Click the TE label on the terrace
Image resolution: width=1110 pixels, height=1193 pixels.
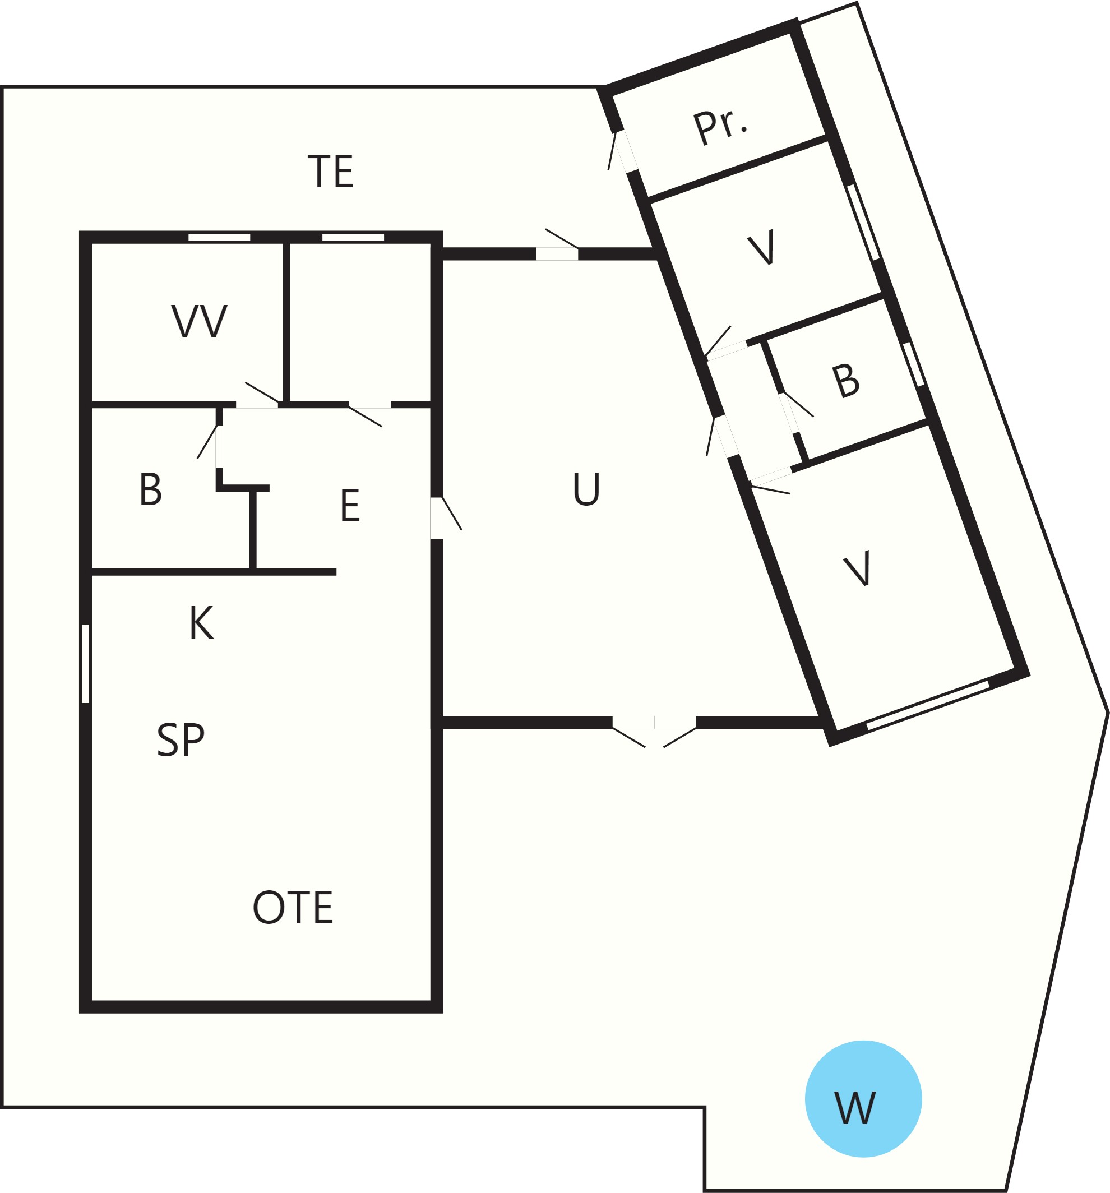(330, 171)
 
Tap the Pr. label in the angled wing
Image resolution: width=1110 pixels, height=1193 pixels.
(720, 127)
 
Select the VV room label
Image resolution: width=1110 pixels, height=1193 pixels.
(199, 321)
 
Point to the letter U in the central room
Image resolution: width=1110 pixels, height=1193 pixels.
(586, 488)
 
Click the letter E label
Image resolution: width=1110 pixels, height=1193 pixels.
(350, 505)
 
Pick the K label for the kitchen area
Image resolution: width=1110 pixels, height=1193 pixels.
(202, 622)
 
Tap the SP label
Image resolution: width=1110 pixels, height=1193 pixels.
(181, 739)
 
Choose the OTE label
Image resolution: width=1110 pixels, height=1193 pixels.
(292, 907)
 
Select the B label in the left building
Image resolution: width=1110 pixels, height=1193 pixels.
(151, 489)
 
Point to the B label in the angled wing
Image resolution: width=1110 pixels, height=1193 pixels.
(846, 380)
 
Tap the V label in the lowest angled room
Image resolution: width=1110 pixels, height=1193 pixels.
(857, 568)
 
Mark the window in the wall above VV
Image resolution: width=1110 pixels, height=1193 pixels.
(219, 237)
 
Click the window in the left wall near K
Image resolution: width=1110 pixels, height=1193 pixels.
(85, 664)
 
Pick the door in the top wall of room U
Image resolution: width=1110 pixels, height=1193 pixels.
(558, 247)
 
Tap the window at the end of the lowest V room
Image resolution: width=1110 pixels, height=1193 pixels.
(928, 705)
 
